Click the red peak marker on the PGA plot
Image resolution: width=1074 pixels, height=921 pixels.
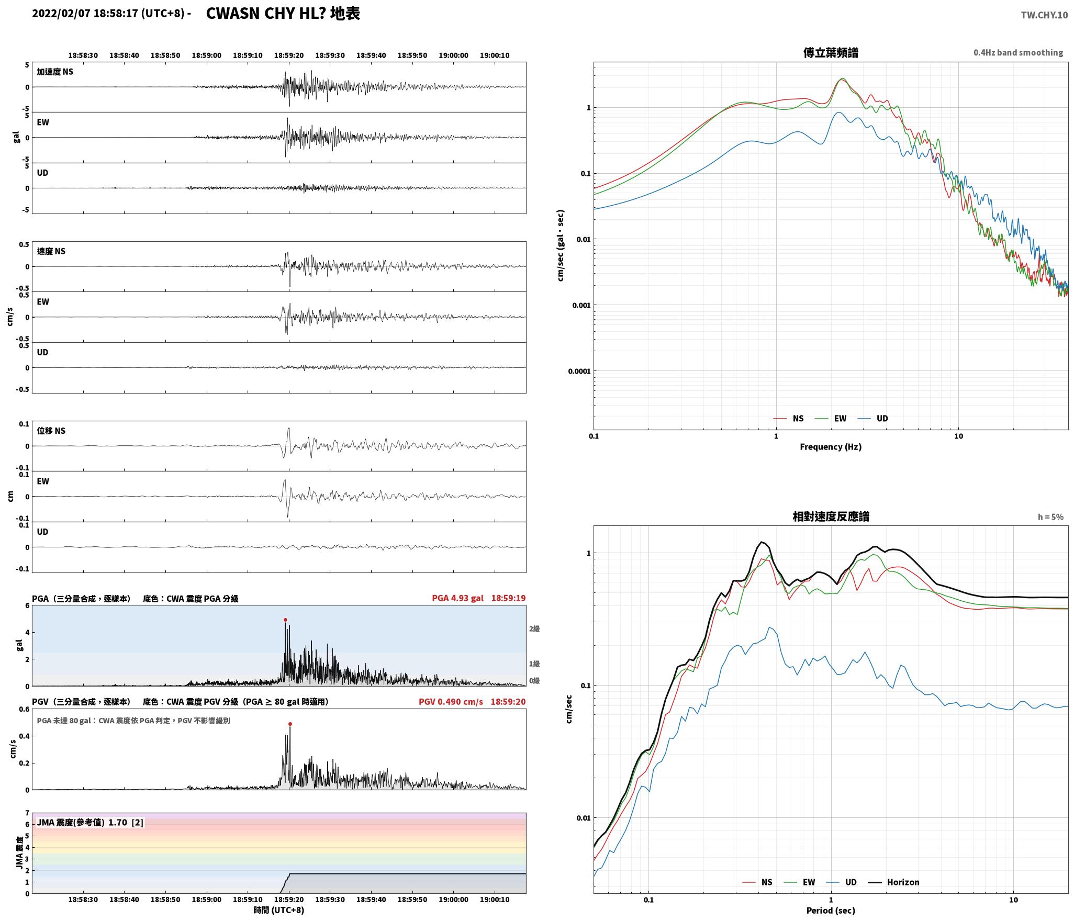click(x=285, y=620)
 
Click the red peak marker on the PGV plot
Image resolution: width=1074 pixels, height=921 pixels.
click(x=290, y=724)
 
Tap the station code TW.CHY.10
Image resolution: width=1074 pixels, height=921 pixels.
click(x=1044, y=15)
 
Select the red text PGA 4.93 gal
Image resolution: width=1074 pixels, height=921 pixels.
click(x=457, y=598)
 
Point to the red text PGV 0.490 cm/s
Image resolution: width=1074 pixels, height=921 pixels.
click(x=451, y=702)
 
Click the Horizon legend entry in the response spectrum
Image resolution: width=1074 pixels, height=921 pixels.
click(x=894, y=882)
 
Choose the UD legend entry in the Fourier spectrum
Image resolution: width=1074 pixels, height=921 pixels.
click(x=873, y=419)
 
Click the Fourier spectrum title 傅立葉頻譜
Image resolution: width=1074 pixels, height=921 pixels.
click(x=831, y=53)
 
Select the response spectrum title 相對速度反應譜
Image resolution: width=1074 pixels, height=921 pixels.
click(x=831, y=516)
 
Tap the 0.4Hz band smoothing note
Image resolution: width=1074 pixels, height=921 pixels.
click(x=1018, y=53)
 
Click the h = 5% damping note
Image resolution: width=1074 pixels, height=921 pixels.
click(x=1050, y=517)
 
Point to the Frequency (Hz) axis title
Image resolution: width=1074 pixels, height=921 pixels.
click(x=831, y=447)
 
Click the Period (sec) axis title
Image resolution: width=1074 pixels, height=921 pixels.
click(x=831, y=911)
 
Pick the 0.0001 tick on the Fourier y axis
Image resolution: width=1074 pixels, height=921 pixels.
click(x=579, y=372)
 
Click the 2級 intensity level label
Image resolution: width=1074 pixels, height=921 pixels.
click(x=534, y=629)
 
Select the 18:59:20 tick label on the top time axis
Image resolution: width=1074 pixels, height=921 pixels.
click(x=289, y=55)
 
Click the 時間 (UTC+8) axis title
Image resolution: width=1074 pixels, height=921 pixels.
click(x=279, y=910)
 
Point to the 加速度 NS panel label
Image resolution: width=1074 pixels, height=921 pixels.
click(x=55, y=72)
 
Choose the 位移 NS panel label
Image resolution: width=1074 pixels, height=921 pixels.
click(x=51, y=431)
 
